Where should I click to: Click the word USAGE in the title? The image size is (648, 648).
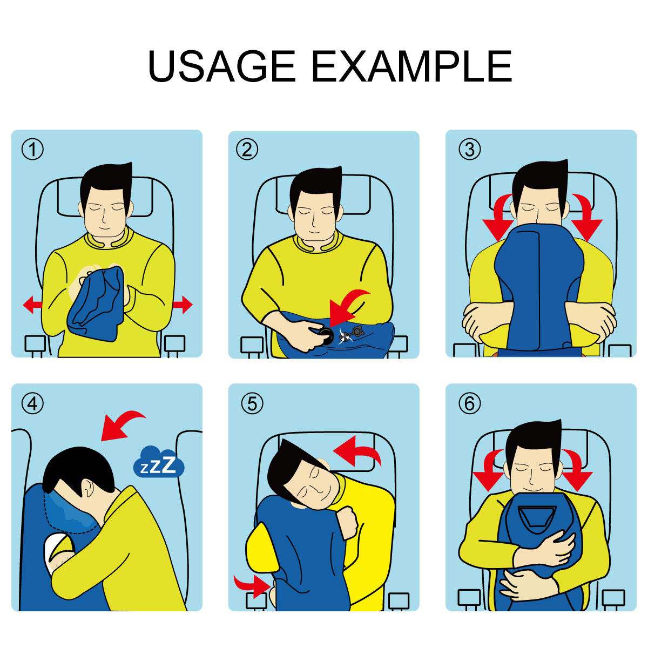(x=221, y=66)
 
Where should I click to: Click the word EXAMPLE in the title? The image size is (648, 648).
(x=412, y=66)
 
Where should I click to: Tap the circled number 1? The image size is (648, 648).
(x=33, y=150)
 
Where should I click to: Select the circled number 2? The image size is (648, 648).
(x=247, y=150)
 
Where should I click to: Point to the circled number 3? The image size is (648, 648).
(x=469, y=150)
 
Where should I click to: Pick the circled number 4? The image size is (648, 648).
(x=33, y=403)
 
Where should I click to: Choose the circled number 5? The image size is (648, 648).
(x=252, y=403)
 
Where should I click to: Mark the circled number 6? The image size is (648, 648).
(x=469, y=403)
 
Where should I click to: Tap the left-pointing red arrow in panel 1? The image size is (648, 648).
(x=32, y=305)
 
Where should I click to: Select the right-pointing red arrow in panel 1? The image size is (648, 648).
(x=183, y=305)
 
